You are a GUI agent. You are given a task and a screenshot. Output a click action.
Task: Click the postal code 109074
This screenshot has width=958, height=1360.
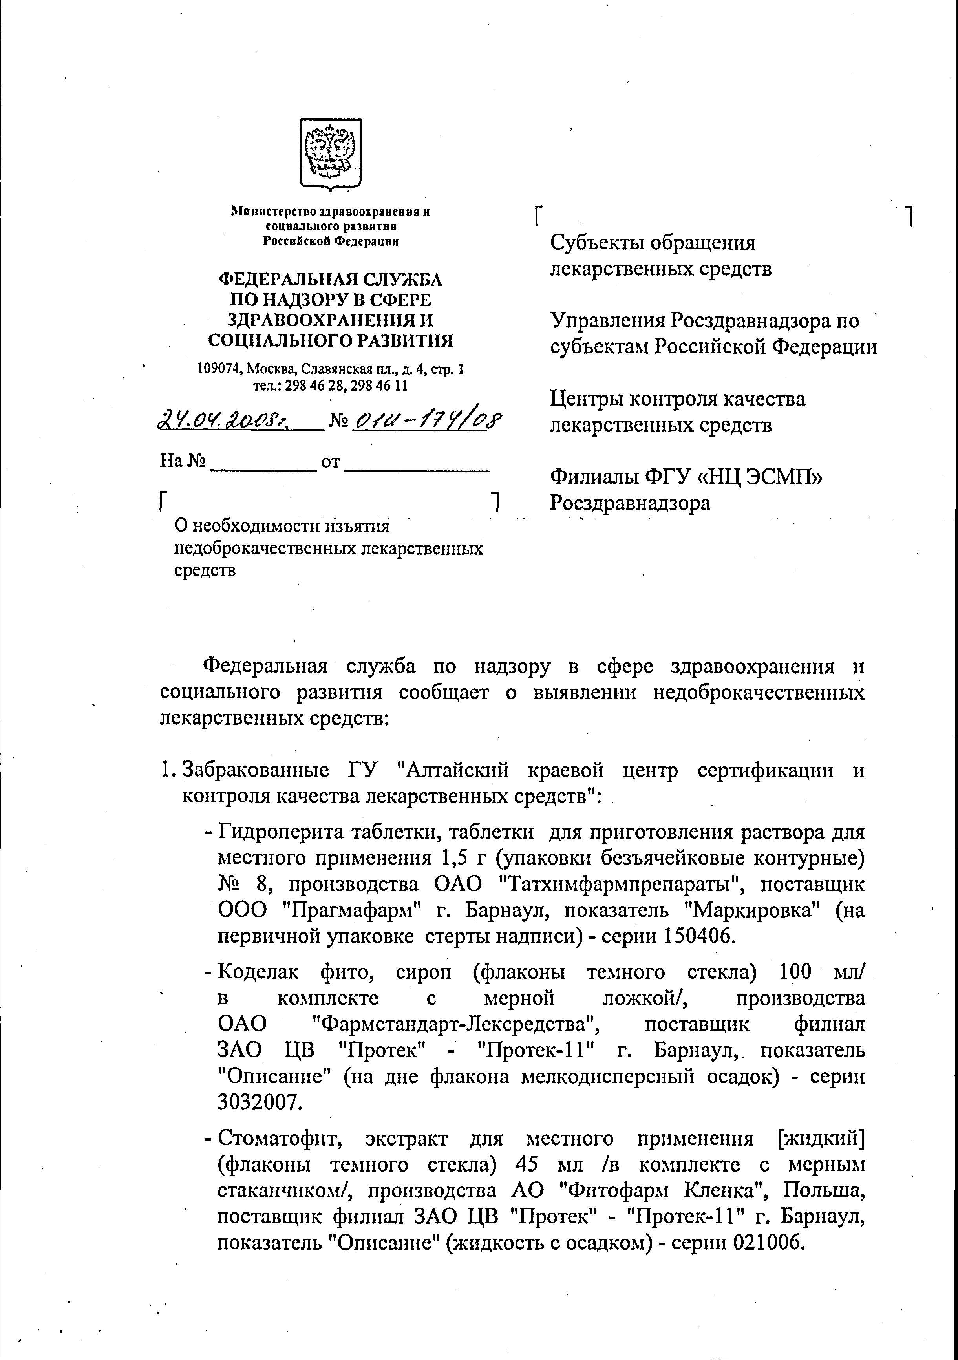tap(220, 369)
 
